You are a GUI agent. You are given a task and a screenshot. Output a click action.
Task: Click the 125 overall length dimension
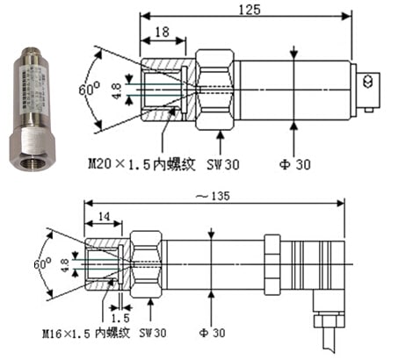click(x=252, y=9)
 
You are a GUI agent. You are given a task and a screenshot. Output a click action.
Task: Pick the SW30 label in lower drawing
click(x=153, y=335)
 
